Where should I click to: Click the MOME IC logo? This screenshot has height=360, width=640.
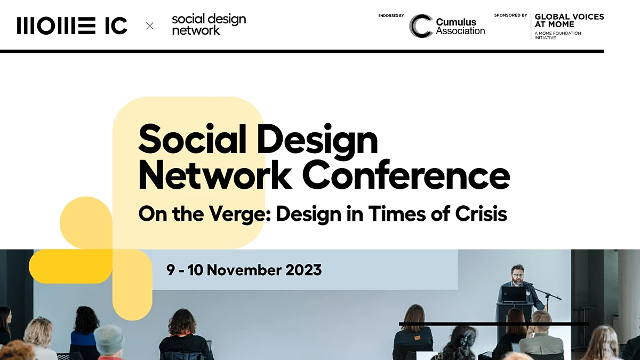[71, 26]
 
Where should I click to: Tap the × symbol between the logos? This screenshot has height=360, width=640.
[149, 26]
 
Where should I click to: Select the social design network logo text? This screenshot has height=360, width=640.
[209, 25]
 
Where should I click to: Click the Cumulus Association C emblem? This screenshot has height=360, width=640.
[421, 26]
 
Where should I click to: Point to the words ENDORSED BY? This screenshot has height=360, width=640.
[391, 15]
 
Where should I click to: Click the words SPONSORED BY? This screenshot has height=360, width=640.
[510, 15]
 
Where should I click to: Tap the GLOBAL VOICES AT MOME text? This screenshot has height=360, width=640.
[569, 21]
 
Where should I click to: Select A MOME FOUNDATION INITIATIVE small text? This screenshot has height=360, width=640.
[558, 35]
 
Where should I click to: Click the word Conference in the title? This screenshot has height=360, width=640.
[406, 175]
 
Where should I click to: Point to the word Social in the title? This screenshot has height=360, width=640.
[192, 139]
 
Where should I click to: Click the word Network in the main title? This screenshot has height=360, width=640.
[215, 175]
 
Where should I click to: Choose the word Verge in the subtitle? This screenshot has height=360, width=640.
[239, 214]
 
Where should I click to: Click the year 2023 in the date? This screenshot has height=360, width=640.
[303, 270]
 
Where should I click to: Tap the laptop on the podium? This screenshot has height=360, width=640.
[514, 294]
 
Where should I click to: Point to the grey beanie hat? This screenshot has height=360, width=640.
[109, 339]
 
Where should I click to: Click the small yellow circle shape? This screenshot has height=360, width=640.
[86, 223]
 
